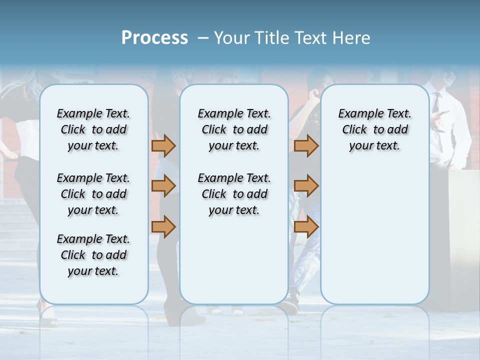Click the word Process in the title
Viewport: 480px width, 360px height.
[x=154, y=38]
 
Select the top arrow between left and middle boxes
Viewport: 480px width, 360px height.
[x=163, y=145]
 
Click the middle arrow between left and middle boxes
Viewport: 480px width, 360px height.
[x=163, y=186]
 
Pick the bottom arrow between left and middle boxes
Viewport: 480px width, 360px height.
[x=163, y=227]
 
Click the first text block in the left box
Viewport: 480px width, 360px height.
[x=93, y=129]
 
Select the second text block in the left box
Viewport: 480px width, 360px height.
[x=93, y=194]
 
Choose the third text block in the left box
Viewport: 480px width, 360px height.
[x=93, y=255]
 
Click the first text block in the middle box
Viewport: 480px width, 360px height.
[x=234, y=129]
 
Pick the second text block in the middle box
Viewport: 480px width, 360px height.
[x=234, y=194]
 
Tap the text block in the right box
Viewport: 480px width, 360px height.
[x=374, y=129]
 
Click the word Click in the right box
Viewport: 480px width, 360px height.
[x=354, y=130]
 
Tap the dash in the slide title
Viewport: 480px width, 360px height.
[x=203, y=38]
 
